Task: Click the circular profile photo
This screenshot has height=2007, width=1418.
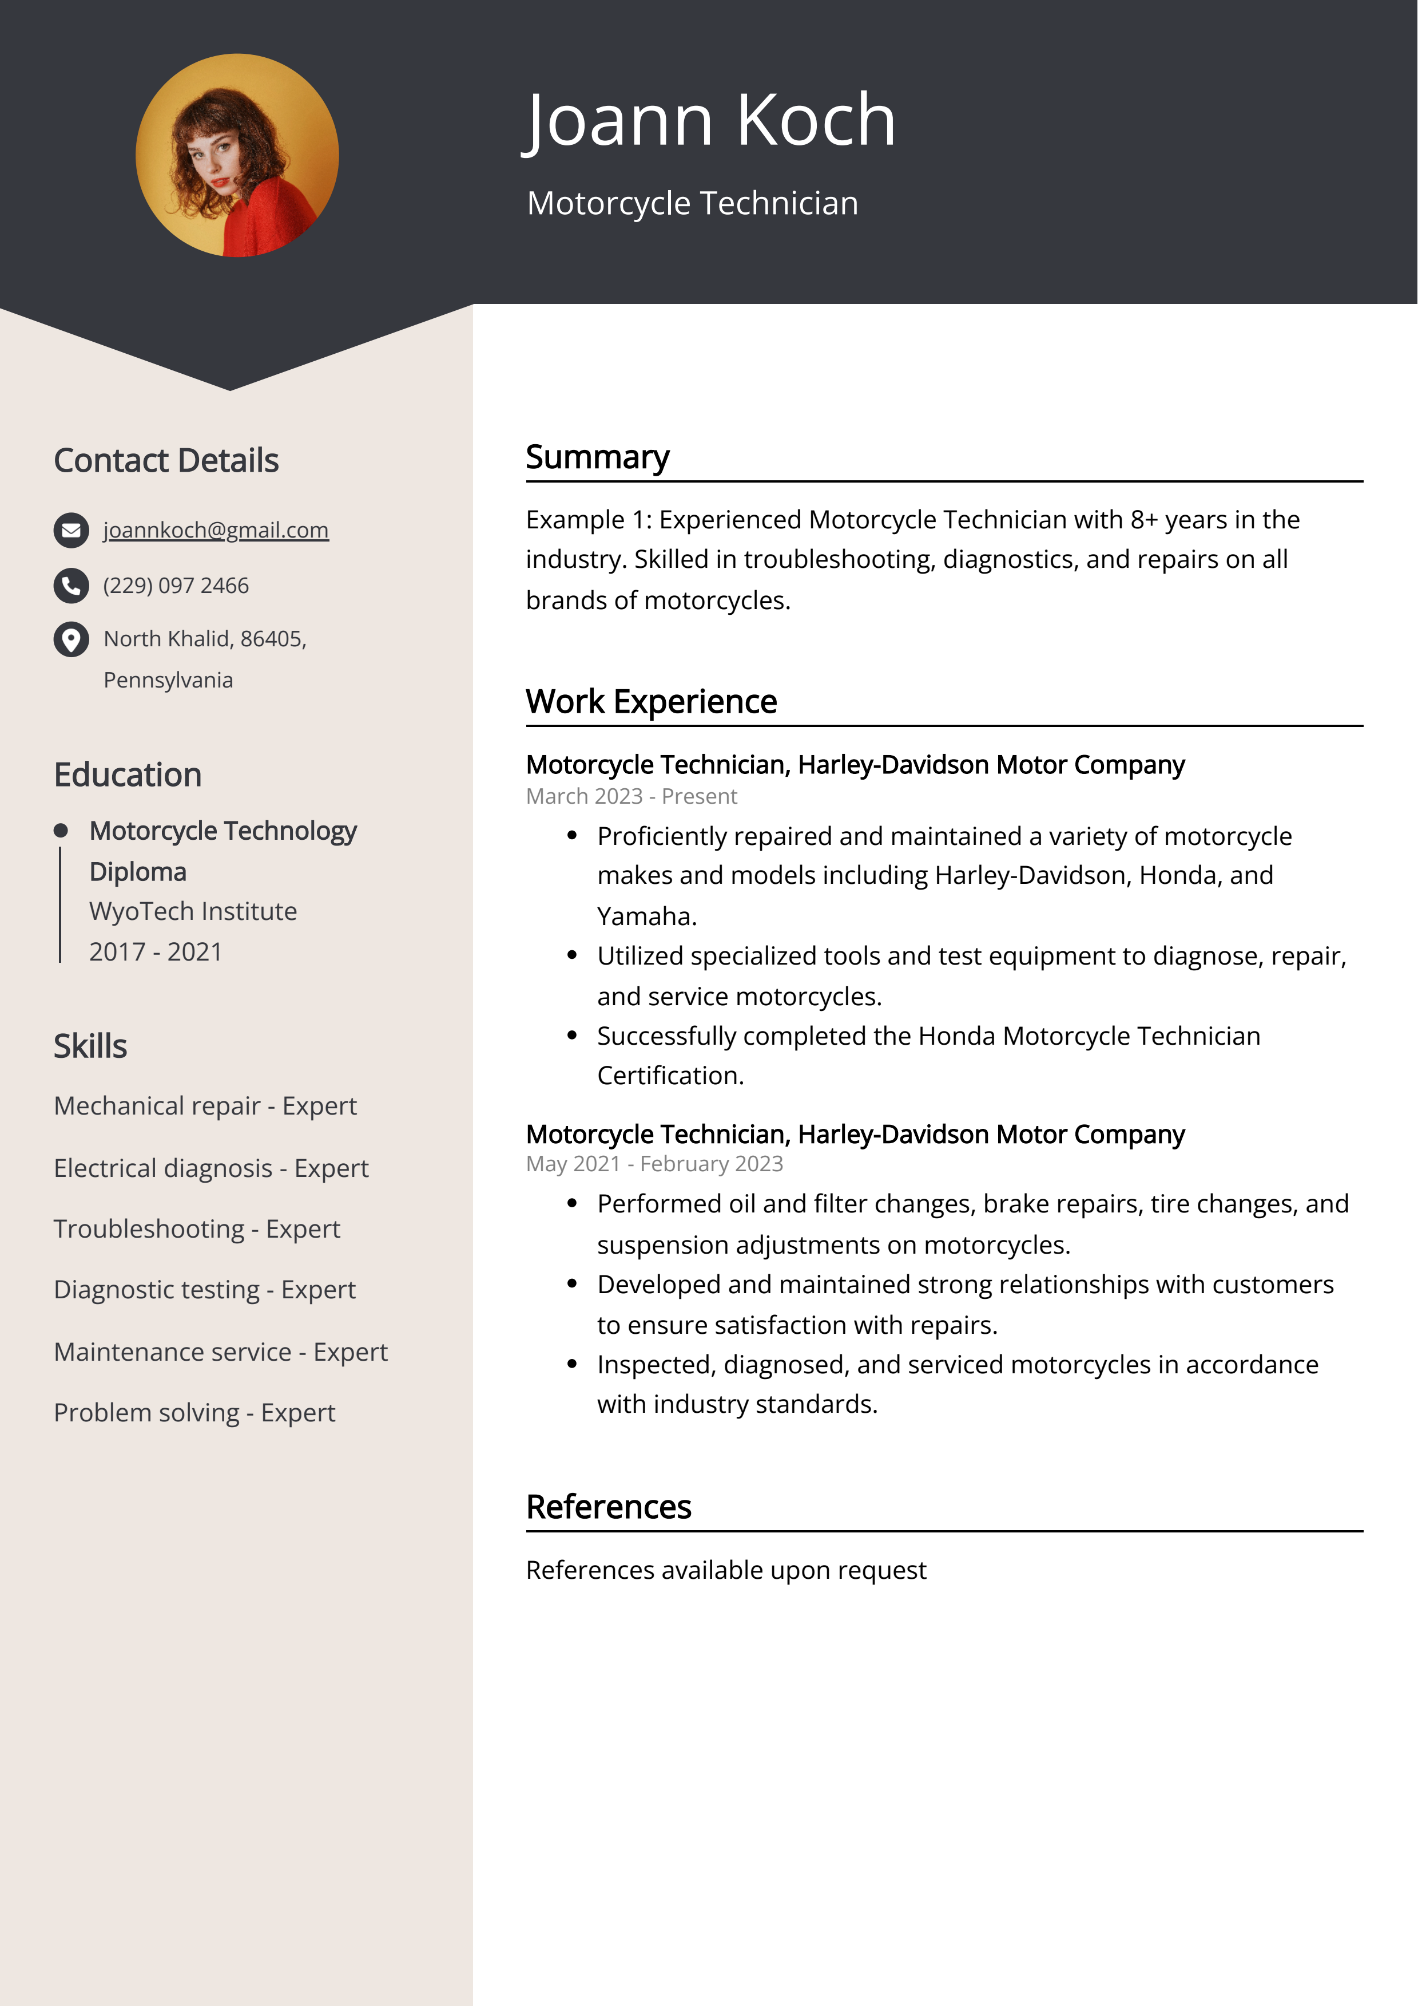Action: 237,156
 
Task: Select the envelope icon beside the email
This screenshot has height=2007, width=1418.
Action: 72,531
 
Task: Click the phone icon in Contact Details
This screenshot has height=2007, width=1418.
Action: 72,586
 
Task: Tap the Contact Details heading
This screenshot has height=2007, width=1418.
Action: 166,461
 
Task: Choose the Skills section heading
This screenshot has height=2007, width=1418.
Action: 90,1046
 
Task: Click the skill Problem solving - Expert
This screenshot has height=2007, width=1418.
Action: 194,1413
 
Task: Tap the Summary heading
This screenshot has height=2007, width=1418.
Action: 598,457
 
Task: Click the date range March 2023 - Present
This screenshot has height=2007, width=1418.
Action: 631,796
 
